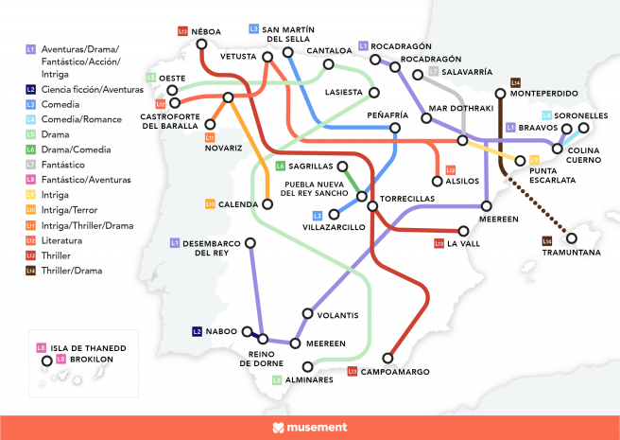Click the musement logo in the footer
click(309, 428)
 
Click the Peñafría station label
click(387, 114)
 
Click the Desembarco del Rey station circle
click(251, 245)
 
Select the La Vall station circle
click(464, 229)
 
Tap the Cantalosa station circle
click(329, 65)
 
